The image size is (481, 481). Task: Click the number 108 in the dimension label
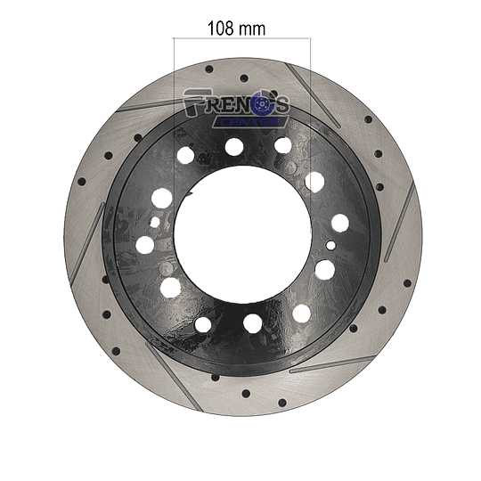221,29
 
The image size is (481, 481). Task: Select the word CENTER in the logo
250,122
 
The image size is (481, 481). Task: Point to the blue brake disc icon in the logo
262,105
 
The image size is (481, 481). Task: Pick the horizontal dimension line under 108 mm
241,38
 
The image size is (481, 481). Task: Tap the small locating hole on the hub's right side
330,246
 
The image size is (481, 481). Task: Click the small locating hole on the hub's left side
155,222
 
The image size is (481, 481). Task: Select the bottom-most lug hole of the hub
252,323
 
